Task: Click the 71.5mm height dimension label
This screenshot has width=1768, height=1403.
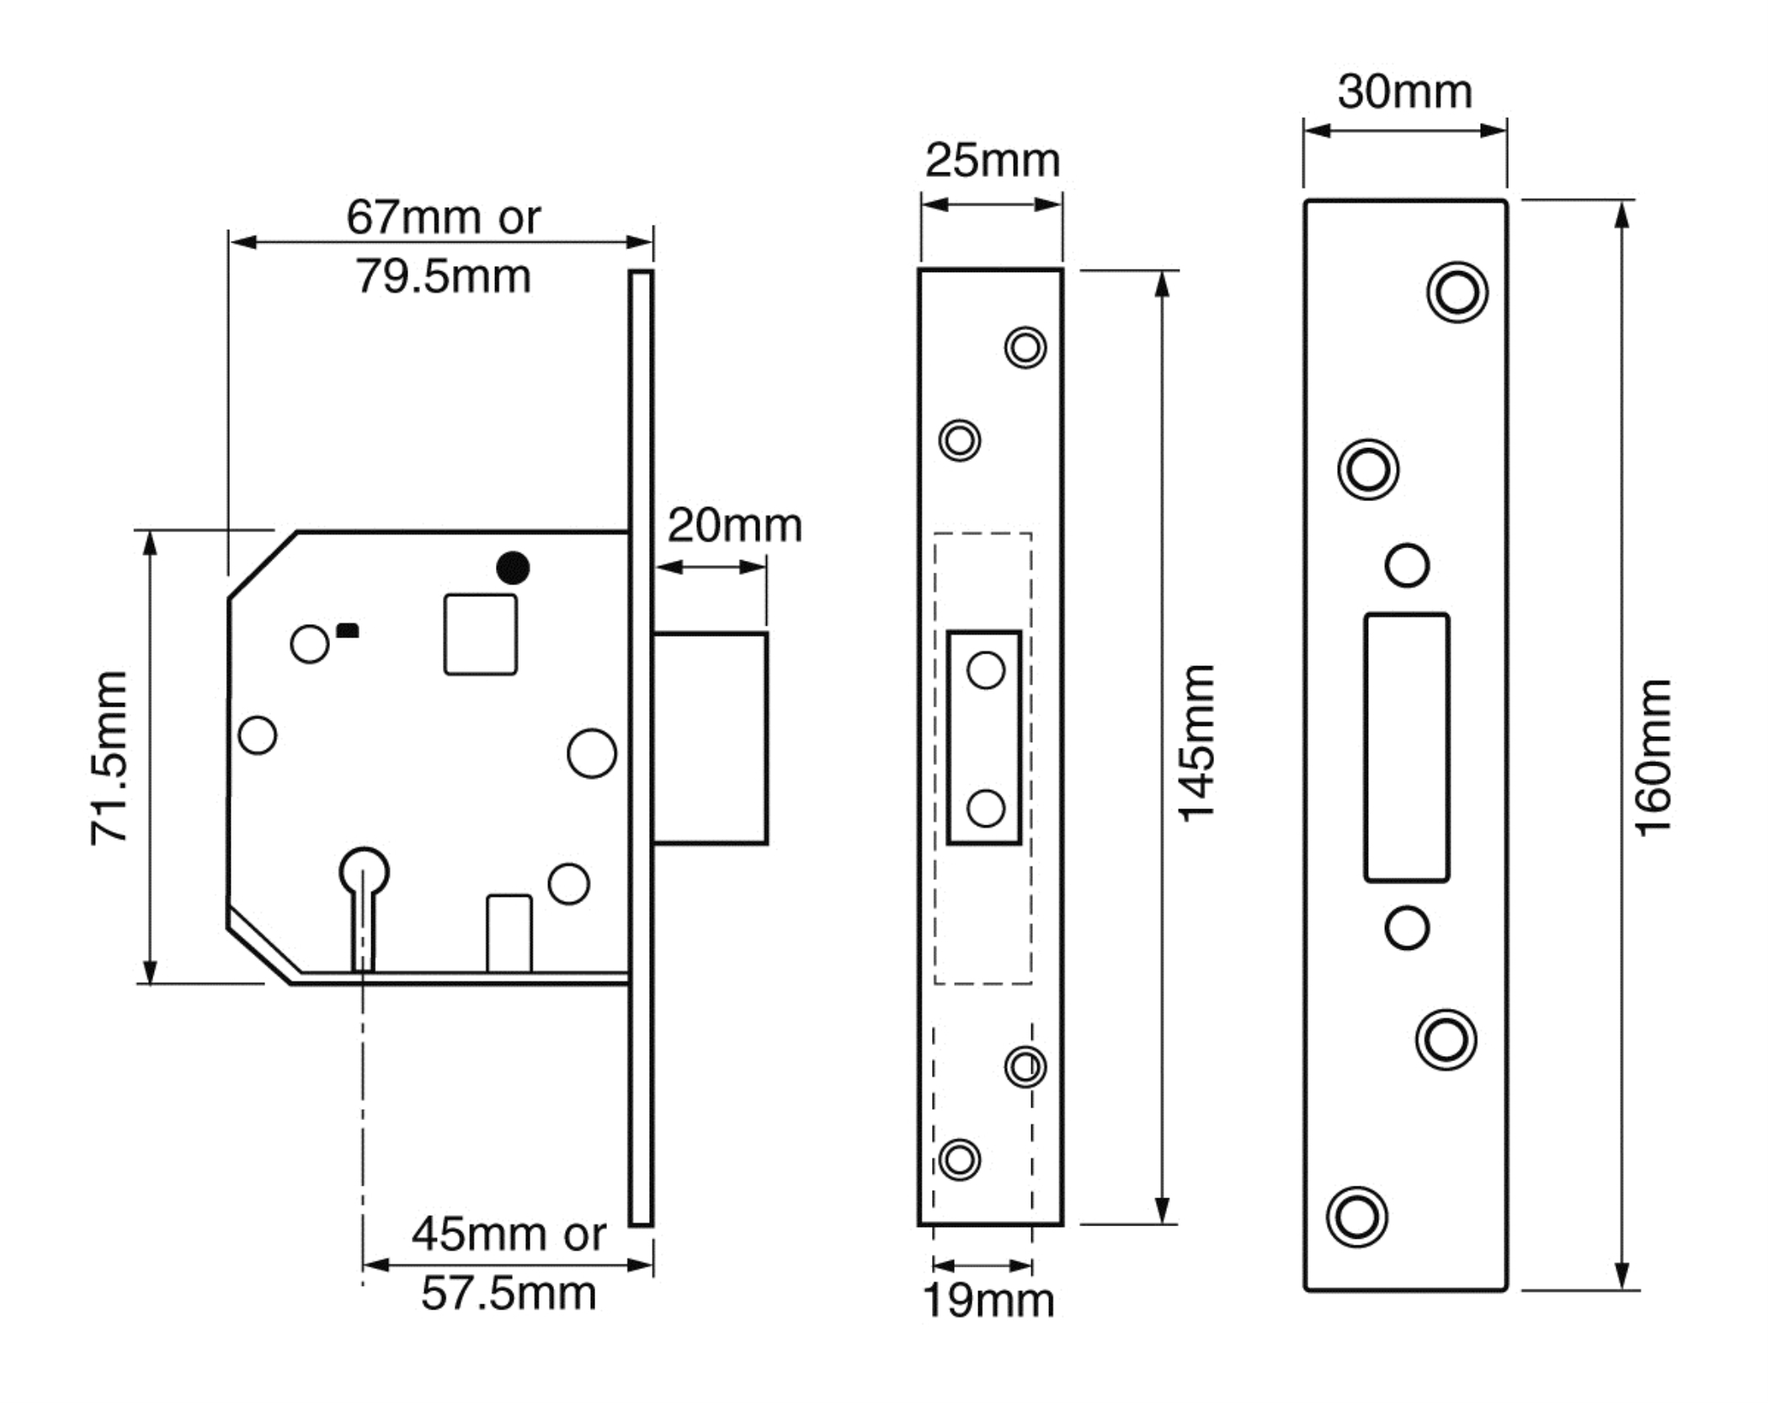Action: click(109, 758)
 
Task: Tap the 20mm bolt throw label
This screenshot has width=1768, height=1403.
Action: click(735, 526)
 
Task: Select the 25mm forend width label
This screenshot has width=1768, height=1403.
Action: click(993, 160)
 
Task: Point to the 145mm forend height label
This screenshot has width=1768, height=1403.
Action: click(1196, 744)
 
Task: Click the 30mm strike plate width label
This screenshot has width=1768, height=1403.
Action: click(1405, 92)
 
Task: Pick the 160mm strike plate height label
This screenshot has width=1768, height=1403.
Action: click(1653, 758)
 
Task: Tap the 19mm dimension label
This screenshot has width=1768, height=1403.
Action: click(988, 1301)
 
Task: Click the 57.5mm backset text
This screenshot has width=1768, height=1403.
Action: click(509, 1294)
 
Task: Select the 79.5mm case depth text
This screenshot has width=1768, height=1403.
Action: click(443, 276)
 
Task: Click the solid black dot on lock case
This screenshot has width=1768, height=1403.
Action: click(513, 568)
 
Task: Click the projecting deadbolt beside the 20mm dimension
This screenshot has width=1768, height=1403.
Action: click(710, 738)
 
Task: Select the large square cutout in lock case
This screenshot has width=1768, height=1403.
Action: click(481, 634)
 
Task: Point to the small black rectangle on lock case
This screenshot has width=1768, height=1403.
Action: click(348, 630)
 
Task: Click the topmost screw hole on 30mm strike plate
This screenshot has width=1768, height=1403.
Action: click(1457, 292)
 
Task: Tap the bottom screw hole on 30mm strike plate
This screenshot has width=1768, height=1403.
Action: click(1357, 1217)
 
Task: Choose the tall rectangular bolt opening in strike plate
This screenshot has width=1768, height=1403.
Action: click(1407, 748)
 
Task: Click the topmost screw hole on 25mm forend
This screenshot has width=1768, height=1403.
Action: click(1025, 347)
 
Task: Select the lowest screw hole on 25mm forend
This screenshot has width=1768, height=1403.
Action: click(959, 1160)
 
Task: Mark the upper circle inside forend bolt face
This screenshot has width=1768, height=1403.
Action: click(986, 671)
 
